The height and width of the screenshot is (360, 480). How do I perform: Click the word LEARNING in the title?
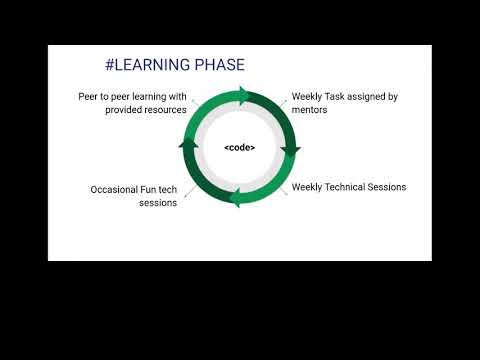pos(154,66)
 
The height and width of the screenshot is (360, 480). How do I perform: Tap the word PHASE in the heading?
pos(220,66)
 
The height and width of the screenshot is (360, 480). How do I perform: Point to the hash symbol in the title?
pos(110,66)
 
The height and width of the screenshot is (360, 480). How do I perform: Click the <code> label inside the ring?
pos(239,148)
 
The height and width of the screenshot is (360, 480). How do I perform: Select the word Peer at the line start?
pos(89,97)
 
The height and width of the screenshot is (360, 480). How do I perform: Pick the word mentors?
pos(310,110)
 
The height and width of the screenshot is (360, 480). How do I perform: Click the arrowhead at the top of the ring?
pos(244,95)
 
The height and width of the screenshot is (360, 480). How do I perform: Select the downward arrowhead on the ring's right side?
pos(291,151)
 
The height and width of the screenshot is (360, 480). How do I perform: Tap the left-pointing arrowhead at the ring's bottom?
pos(235,199)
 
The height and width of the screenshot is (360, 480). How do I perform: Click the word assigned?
pos(367,97)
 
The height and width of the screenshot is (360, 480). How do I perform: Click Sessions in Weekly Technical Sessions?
pos(388,187)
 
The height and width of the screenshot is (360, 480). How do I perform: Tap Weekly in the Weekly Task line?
pos(307,97)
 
